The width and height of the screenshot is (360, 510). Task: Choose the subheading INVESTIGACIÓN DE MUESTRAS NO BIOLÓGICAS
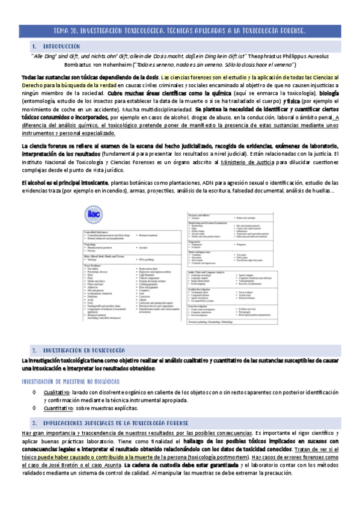[70, 381]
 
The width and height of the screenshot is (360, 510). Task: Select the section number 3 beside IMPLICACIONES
[35, 423]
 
